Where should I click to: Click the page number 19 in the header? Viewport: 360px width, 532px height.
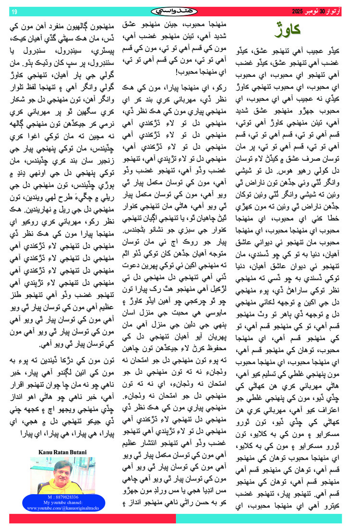(x=14, y=12)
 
